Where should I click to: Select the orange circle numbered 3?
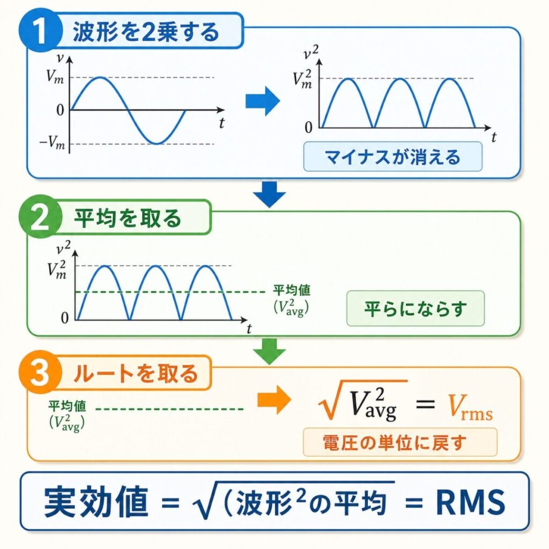[x=40, y=374]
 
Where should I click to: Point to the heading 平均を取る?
[x=127, y=219]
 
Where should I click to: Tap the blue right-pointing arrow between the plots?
[x=262, y=100]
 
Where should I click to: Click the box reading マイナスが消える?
[x=392, y=157]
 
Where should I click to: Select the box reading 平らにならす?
[x=416, y=308]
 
